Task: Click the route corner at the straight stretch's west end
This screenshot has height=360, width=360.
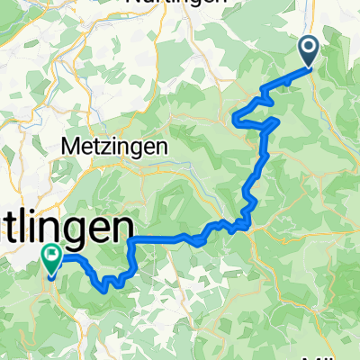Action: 133,240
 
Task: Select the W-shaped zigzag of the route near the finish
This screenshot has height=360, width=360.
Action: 110,283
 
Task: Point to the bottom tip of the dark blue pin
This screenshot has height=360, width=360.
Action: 308,67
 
